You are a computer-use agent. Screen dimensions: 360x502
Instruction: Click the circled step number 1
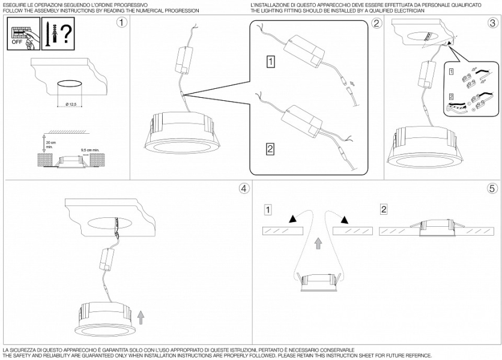click(122, 23)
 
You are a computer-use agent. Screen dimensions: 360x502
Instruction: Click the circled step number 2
click(376, 23)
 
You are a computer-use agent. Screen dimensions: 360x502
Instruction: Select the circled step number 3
click(492, 23)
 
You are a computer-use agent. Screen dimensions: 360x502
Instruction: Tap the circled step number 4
click(243, 188)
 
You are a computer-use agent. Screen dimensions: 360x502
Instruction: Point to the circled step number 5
click(492, 188)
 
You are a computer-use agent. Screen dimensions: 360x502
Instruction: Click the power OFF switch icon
click(23, 34)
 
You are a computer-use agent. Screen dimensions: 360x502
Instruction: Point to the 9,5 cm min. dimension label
click(90, 151)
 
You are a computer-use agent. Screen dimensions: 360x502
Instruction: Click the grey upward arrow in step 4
click(141, 316)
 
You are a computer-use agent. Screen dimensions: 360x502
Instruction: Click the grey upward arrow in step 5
click(318, 243)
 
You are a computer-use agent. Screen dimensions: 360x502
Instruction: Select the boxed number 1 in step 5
click(268, 209)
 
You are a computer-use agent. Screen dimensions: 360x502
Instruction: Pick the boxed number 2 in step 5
click(383, 209)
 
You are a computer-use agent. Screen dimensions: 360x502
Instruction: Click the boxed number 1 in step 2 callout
click(271, 61)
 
